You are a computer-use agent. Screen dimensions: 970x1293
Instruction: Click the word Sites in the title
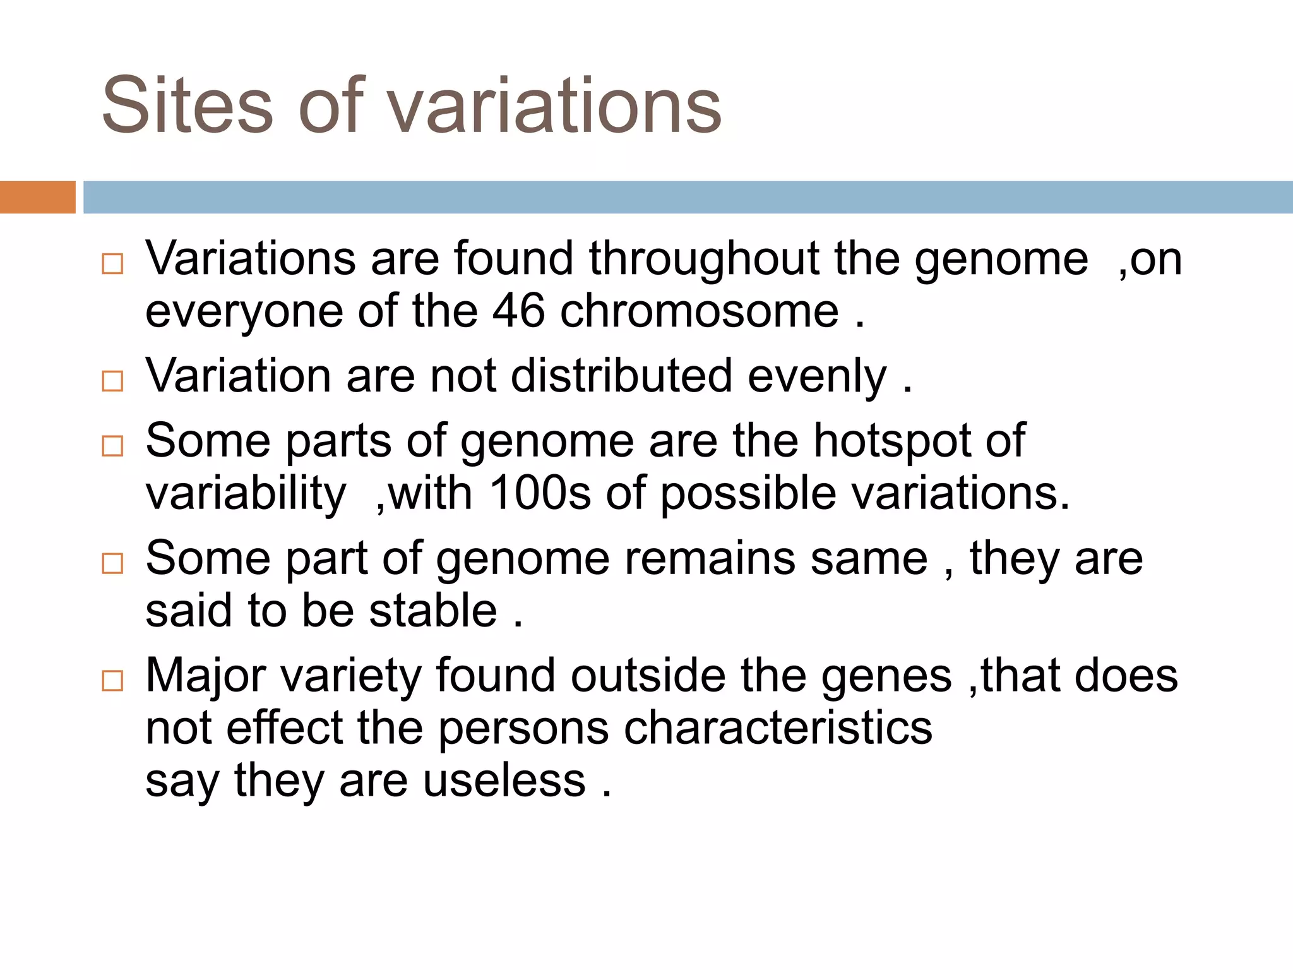point(188,105)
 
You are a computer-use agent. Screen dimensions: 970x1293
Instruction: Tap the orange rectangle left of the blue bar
point(37,197)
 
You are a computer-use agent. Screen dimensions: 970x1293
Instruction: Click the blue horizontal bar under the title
point(688,197)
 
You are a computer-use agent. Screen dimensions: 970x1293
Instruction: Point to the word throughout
point(704,259)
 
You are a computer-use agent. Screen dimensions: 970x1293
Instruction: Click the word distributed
point(621,376)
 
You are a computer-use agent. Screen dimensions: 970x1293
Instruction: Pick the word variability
point(246,494)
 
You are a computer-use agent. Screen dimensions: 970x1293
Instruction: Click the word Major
point(206,676)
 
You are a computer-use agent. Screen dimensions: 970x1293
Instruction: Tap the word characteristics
point(778,728)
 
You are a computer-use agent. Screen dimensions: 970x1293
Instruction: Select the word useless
point(504,781)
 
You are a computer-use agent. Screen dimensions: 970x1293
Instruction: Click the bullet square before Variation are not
point(112,381)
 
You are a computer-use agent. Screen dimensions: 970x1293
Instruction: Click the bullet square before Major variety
point(112,681)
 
